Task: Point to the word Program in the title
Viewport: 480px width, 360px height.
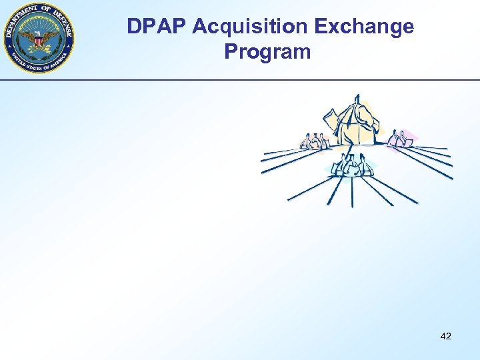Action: click(x=268, y=51)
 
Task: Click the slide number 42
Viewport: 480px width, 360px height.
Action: click(x=446, y=336)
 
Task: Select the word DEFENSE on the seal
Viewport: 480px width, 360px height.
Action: click(x=64, y=24)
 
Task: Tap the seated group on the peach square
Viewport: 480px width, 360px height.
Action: click(x=313, y=141)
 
